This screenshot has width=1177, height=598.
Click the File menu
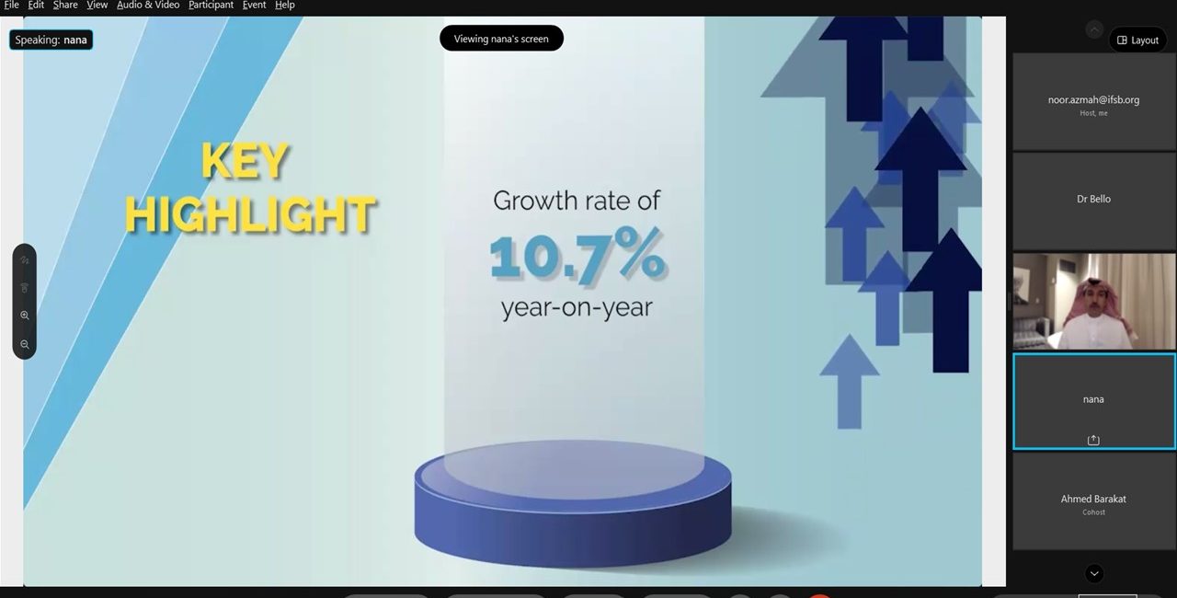[11, 6]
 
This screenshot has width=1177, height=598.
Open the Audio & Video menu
[148, 6]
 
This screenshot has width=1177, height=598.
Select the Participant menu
[211, 6]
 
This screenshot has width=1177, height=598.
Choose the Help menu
[285, 6]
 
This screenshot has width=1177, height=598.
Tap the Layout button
[1137, 40]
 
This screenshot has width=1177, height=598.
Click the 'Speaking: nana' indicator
[51, 40]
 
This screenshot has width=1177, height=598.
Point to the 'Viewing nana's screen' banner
[501, 39]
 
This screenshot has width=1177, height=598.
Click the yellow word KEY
[245, 161]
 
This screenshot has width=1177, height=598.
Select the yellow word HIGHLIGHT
[250, 213]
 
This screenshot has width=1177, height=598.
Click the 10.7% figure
[577, 255]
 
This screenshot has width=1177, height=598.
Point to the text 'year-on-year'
[577, 307]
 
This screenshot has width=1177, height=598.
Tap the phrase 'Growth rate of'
[577, 201]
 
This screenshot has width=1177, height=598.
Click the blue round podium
[573, 503]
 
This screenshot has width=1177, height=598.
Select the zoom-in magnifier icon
[25, 316]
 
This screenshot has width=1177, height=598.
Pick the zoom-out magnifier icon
[25, 344]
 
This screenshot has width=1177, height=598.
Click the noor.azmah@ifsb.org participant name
[1093, 100]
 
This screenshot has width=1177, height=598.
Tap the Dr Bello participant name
[1093, 199]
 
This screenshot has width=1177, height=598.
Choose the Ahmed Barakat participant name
[1093, 499]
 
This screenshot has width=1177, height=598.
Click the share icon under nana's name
[1093, 440]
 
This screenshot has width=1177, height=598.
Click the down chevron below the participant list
[1094, 573]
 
